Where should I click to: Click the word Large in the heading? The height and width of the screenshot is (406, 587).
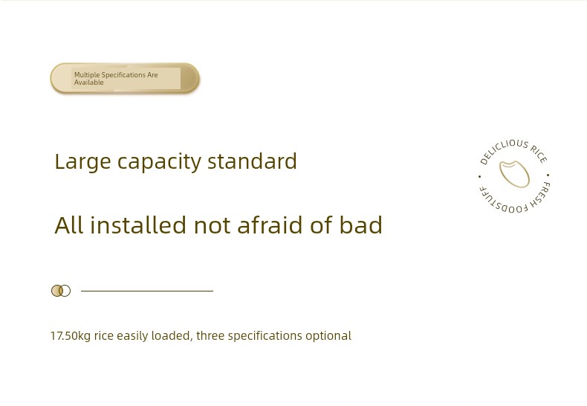pos(82,161)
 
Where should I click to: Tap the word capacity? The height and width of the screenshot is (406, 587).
pos(160,162)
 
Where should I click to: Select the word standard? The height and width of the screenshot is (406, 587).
pos(252,161)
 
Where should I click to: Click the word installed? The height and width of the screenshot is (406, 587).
pos(137,225)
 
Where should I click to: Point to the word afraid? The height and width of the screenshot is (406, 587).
pos(270,225)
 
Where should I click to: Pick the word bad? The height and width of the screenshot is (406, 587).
pos(361,225)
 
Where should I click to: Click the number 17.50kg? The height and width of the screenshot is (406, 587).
pos(71,335)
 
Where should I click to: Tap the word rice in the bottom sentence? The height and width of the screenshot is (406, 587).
pos(104,335)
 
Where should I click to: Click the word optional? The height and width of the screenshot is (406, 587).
pos(328,335)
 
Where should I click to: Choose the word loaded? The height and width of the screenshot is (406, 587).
pos(172,335)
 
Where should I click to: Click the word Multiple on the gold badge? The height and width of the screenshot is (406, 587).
pos(87,75)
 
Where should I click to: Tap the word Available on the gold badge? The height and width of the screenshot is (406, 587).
pos(88,83)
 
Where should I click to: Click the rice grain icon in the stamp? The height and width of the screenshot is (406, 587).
pos(514,174)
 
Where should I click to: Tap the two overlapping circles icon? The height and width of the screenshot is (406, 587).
pos(61,291)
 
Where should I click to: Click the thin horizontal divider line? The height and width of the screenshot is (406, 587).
pos(147,291)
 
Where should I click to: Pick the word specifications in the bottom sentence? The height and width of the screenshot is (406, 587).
pos(265,335)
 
